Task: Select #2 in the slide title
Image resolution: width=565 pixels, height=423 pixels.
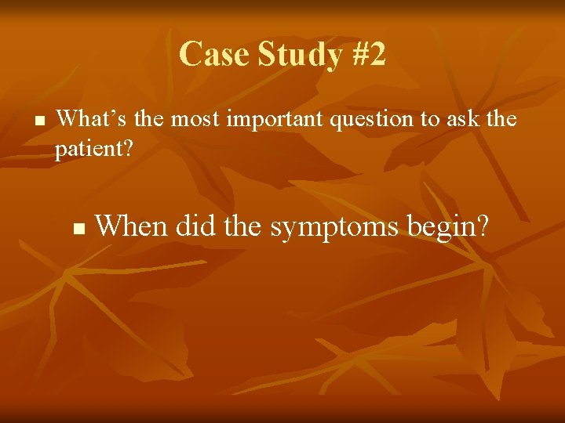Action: (366, 55)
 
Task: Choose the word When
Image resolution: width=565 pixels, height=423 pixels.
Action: (131, 226)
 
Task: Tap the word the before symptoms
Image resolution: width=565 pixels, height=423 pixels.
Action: (244, 226)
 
